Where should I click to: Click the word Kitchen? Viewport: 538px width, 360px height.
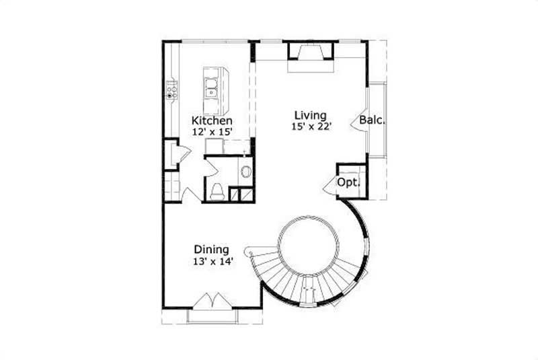211,120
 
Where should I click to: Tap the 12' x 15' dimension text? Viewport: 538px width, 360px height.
211,133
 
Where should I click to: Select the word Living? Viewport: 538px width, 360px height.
309,114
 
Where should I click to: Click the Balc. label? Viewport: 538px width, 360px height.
372,120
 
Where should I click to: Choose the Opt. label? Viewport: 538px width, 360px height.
348,182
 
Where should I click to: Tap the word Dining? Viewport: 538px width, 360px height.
212,248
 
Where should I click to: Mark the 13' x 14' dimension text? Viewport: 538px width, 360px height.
212,261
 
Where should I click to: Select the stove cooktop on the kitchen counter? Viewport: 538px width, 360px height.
172,89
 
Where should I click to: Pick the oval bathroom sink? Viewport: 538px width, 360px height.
245,172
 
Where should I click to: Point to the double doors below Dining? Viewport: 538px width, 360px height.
213,300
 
